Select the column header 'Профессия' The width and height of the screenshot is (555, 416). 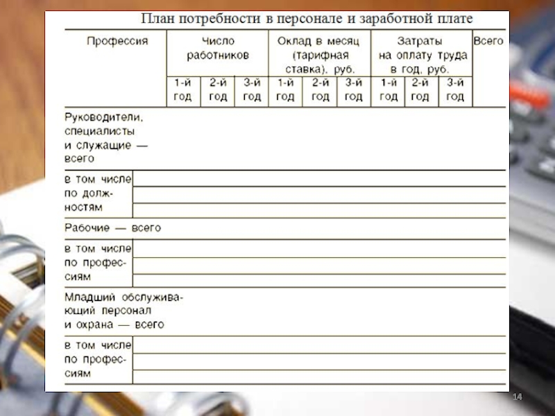(x=117, y=42)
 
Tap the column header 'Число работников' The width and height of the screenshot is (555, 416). (x=218, y=49)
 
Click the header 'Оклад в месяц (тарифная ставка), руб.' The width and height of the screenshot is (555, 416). (x=320, y=55)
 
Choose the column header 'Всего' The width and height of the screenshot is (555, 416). (x=488, y=42)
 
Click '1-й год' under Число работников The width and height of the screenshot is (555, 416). (x=182, y=90)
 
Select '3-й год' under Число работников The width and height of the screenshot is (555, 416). (x=252, y=90)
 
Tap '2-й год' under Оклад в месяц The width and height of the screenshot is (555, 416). (x=320, y=90)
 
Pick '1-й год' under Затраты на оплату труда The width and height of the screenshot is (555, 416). (x=388, y=90)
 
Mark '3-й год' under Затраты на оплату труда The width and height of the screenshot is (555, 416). (x=455, y=90)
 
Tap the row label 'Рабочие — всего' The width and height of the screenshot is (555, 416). (x=113, y=227)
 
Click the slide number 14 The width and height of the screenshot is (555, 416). (x=517, y=397)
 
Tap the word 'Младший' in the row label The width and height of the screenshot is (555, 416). (x=86, y=297)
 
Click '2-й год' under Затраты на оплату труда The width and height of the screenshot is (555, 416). (x=420, y=90)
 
